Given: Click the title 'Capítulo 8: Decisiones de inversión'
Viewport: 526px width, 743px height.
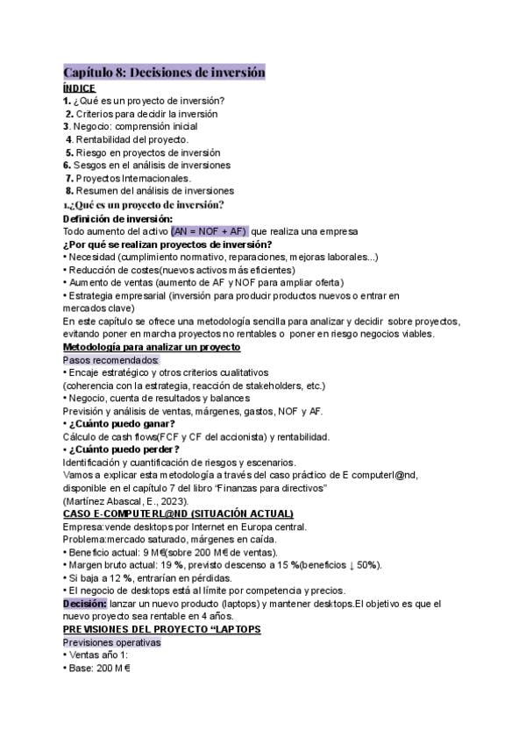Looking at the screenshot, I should tap(164, 73).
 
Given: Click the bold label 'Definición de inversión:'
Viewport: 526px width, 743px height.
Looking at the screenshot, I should tap(118, 218).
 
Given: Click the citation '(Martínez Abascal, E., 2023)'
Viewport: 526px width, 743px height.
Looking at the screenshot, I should tap(124, 500).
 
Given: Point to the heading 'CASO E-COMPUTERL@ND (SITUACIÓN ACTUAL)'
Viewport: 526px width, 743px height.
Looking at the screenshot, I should tap(178, 513).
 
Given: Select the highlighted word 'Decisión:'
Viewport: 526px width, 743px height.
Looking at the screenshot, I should tap(85, 604).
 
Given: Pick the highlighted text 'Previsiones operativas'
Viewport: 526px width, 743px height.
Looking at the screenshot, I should tap(111, 642).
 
